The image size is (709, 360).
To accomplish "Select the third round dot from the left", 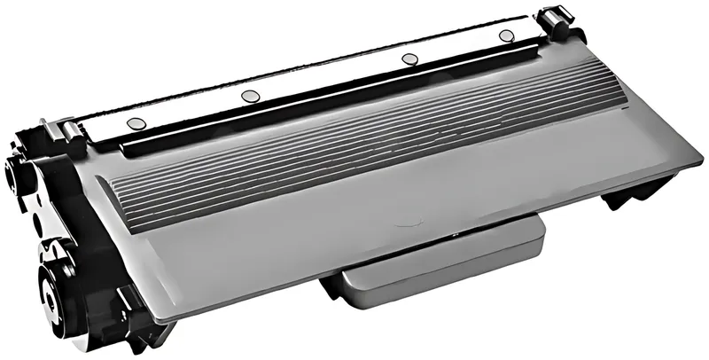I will click(409, 59).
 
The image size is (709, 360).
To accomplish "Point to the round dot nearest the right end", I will click(506, 36).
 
